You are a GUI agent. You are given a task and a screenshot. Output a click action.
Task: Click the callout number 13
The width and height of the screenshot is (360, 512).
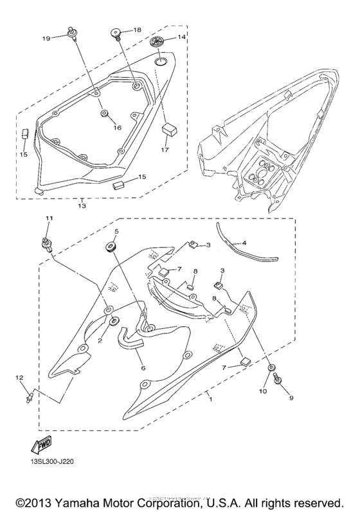pos(82,207)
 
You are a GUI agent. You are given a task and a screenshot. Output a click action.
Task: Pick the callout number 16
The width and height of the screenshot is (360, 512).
pos(118,128)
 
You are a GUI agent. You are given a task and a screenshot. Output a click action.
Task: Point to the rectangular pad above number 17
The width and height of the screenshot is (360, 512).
pos(169,127)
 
